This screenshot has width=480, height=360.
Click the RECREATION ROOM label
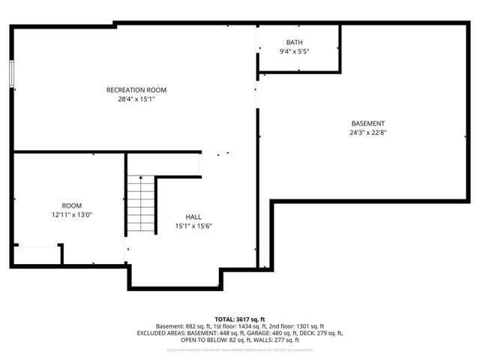[136, 90]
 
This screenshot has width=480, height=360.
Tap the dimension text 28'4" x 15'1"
[136, 98]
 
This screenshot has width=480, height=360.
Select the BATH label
[294, 42]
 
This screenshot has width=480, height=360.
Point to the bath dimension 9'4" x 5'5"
[294, 50]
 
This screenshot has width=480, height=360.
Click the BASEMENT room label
[368, 124]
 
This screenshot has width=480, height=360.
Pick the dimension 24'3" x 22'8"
[368, 132]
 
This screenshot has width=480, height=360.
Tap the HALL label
[194, 217]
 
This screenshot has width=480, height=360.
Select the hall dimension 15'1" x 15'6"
[194, 226]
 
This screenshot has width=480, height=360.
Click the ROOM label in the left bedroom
[72, 205]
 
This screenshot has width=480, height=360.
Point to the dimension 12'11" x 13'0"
[72, 214]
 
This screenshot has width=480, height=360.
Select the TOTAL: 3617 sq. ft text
[240, 319]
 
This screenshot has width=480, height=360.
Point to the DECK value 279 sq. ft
[325, 333]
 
